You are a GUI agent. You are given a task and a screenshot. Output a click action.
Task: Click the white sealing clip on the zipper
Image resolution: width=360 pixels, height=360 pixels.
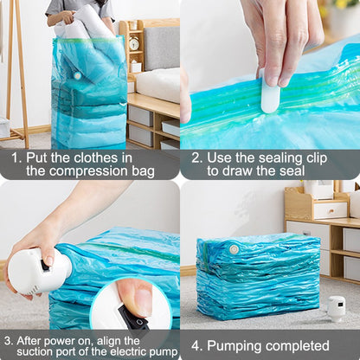click(x=270, y=97)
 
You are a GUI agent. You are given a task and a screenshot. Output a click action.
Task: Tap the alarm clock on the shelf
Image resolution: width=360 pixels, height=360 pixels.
click(x=134, y=44)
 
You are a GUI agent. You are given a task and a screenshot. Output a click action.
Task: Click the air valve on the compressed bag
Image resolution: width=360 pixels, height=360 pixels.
click(x=233, y=249)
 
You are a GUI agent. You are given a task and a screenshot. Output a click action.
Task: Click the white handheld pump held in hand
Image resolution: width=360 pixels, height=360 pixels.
click(x=36, y=271)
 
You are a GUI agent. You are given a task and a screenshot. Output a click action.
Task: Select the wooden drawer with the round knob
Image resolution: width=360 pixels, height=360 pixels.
click(x=330, y=209)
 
